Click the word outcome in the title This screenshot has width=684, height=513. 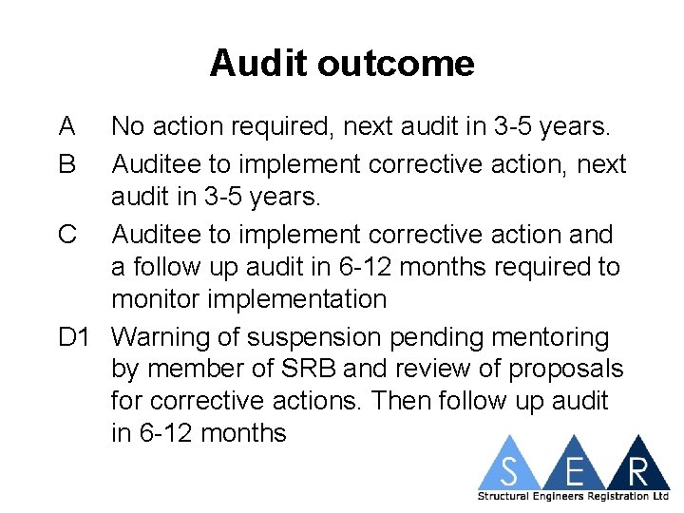396,64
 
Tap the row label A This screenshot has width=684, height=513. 66,126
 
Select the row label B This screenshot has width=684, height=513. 66,164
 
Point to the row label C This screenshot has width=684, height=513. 67,234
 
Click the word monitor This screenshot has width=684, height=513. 157,299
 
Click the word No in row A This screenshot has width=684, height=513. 129,126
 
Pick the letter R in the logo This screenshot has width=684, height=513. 637,470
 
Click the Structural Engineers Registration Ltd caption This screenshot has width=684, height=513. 573,496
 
